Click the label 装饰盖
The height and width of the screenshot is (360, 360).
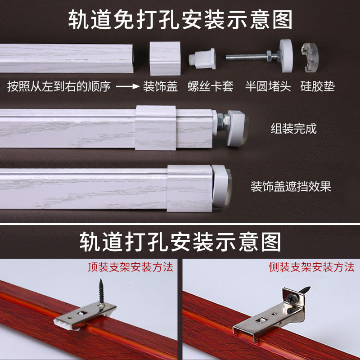[x=160, y=86]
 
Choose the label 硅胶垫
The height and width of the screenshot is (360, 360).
[x=318, y=86]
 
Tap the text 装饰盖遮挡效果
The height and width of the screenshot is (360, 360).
[x=291, y=186]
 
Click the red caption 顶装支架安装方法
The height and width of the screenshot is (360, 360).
[x=130, y=267]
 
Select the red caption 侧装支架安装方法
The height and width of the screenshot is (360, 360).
[x=311, y=267]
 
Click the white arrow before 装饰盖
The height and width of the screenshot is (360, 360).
[x=126, y=86]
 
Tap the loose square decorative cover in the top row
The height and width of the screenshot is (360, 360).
[x=165, y=58]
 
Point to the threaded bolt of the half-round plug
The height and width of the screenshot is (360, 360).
[x=247, y=57]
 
